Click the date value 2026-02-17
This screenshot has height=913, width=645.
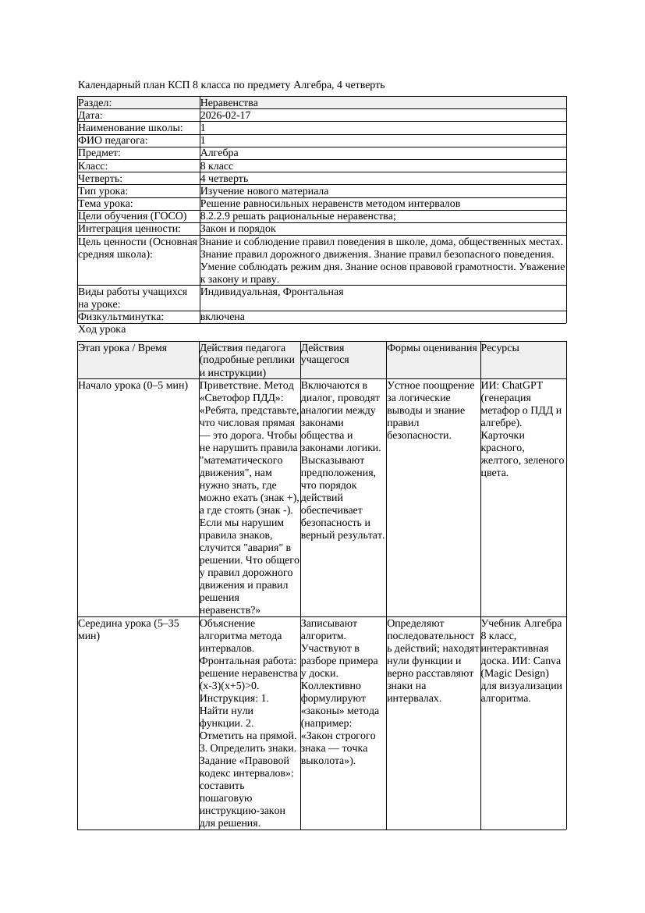pos(225,115)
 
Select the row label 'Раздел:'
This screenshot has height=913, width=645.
pos(95,103)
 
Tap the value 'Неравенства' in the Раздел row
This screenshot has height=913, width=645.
pos(229,103)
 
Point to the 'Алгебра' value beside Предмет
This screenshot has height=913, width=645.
pos(219,153)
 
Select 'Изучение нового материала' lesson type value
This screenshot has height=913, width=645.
pos(264,191)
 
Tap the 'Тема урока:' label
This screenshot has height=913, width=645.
pos(107,204)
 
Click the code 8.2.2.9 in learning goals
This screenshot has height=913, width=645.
pos(219,216)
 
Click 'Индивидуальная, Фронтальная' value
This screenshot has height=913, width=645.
pos(271,292)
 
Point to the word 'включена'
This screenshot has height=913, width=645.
pos(222,317)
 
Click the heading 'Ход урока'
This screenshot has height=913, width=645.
pos(102,330)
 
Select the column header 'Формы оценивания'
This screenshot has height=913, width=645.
pos(432,348)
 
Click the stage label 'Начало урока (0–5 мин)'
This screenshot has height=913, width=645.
pos(133,385)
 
